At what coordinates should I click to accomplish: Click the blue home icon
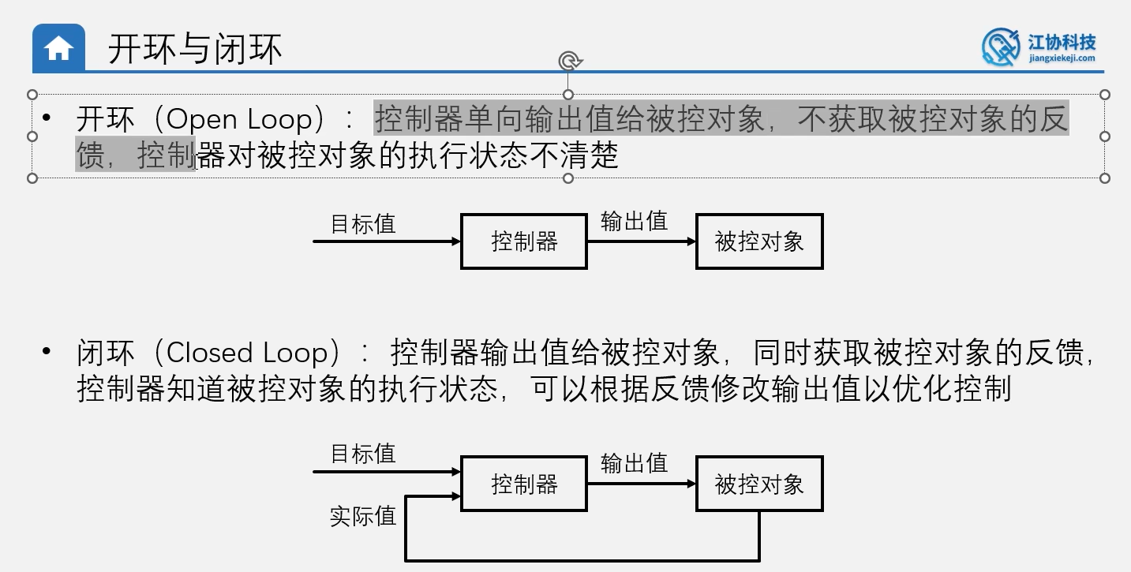click(59, 49)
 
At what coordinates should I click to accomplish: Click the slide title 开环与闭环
click(195, 50)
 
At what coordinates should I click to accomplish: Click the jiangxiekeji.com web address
click(1062, 58)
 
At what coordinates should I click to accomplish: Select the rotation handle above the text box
click(568, 62)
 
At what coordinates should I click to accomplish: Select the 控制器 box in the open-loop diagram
click(524, 241)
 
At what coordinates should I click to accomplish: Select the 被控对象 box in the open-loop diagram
click(759, 241)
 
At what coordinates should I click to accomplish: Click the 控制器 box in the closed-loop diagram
click(524, 484)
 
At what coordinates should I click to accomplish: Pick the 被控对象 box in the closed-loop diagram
click(759, 484)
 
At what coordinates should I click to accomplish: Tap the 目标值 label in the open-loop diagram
click(362, 224)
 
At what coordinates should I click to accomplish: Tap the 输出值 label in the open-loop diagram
click(634, 221)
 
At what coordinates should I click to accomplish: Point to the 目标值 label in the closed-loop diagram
click(362, 454)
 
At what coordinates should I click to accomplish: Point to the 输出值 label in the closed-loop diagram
click(634, 463)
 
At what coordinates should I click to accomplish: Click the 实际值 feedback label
click(362, 517)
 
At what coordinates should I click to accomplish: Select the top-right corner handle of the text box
click(1105, 95)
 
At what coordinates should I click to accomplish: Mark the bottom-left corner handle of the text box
click(32, 178)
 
